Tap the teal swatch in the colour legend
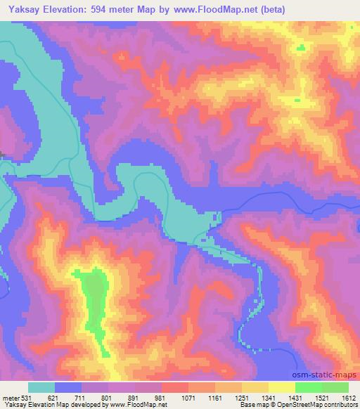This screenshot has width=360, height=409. pyautogui.click(x=42, y=387)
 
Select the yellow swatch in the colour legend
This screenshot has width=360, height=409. pyautogui.click(x=282, y=387)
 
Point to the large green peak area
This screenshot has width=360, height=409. pyautogui.click(x=94, y=295)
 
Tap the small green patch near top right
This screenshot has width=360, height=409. pyautogui.click(x=302, y=47)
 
